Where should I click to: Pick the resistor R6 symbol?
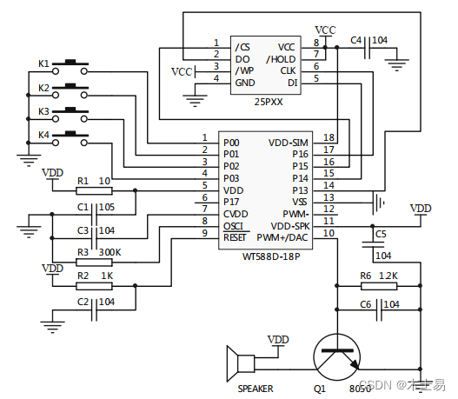[x=377, y=284]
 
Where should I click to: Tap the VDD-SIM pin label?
[x=289, y=141]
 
